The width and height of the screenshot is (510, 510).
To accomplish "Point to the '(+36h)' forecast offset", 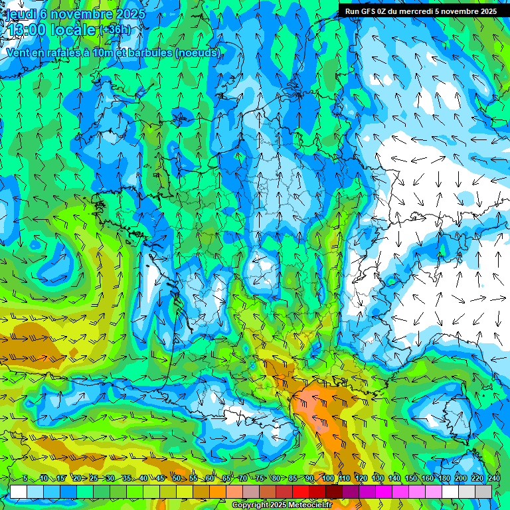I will pyautogui.click(x=116, y=30).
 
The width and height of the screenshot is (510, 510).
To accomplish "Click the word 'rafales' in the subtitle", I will pyautogui.click(x=68, y=52).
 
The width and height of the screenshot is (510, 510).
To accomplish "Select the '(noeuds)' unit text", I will pyautogui.click(x=198, y=52).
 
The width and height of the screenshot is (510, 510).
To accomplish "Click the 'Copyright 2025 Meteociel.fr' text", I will pyautogui.click(x=282, y=505).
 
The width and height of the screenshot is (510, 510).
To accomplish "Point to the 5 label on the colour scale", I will pyautogui.click(x=25, y=479).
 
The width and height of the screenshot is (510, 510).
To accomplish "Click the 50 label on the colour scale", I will pyautogui.click(x=176, y=479).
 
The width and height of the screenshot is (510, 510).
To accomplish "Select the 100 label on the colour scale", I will pyautogui.click(x=327, y=479).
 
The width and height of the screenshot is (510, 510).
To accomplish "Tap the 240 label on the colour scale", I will pyautogui.click(x=493, y=479).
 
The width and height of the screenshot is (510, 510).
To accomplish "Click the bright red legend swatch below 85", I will pyautogui.click(x=301, y=491).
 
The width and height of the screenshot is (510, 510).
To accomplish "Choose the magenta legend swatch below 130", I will pyautogui.click(x=384, y=491).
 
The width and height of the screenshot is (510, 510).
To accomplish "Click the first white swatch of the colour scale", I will pyautogui.click(x=19, y=491).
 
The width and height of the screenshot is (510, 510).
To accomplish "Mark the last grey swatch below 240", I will pyautogui.click(x=483, y=491).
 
